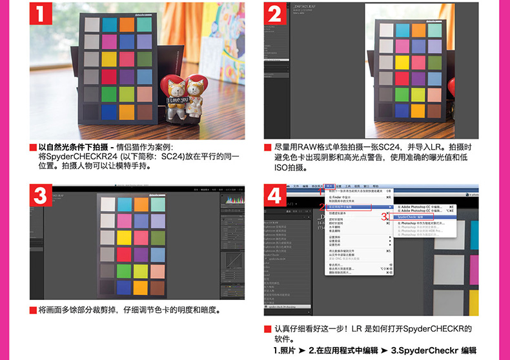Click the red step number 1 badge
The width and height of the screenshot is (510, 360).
click(x=41, y=15)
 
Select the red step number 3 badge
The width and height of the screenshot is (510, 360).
click(x=41, y=194)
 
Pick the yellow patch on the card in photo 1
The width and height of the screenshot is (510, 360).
click(x=109, y=59)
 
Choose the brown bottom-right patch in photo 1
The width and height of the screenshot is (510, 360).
click(x=144, y=112)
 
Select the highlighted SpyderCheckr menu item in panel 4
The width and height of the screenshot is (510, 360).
click(x=413, y=217)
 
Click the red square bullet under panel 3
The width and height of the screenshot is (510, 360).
click(x=33, y=310)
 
